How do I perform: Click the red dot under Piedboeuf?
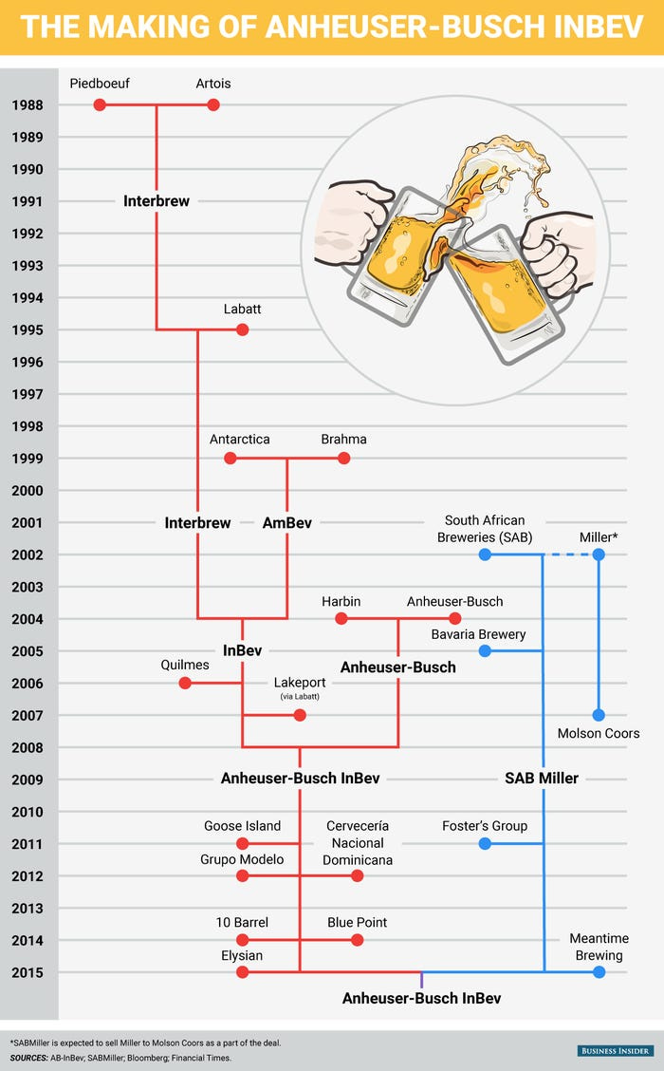coord(100,104)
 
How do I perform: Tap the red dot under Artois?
coord(213,104)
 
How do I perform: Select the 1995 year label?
coord(28,329)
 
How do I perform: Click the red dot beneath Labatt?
coord(242,329)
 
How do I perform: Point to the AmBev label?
coord(286,522)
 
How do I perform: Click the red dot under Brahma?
coord(343,458)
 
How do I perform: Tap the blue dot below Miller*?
coord(599,554)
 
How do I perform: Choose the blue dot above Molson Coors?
coord(599,715)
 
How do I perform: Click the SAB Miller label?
coord(542,779)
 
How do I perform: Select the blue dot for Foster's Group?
coord(485,843)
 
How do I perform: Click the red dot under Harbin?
coord(341,619)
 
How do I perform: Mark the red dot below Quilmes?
coord(185,683)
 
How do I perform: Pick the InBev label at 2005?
coord(242,651)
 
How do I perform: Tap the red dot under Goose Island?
coord(242,843)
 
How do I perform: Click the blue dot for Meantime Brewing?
coord(599,972)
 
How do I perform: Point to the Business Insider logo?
coord(616,1050)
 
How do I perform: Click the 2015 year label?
coord(28,972)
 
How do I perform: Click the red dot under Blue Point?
coord(357,940)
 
